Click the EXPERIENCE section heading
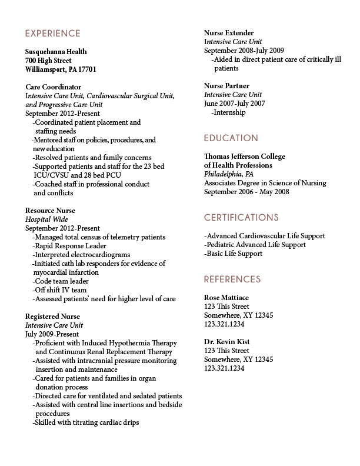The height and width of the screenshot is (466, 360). click(52, 33)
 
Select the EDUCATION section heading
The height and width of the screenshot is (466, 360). click(231, 138)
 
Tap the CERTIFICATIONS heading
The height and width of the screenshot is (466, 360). click(241, 217)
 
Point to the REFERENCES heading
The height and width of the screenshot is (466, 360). click(232, 279)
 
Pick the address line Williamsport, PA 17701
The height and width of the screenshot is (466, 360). click(61, 69)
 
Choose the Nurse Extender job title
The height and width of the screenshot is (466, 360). click(229, 33)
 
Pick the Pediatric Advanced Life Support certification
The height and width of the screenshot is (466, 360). click(255, 245)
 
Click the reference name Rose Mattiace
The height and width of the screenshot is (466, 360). click(226, 298)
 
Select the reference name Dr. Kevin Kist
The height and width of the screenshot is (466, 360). click(228, 342)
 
